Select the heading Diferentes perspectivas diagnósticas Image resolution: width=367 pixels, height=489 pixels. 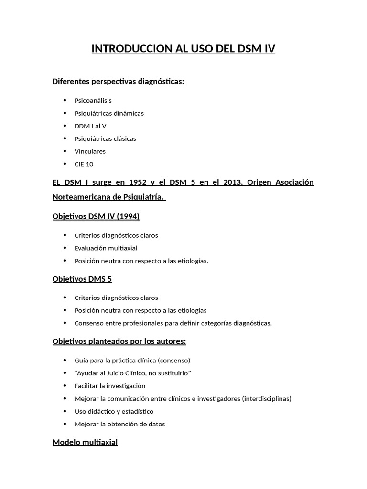coord(118,82)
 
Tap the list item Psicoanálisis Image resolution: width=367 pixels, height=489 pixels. coord(93,100)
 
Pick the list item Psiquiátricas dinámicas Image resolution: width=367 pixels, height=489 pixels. coord(109,113)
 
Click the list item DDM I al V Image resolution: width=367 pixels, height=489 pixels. coord(90,126)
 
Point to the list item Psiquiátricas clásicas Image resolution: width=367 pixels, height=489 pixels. coord(105,138)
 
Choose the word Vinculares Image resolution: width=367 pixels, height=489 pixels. coord(90,151)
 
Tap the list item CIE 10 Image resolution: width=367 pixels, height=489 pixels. coord(84,164)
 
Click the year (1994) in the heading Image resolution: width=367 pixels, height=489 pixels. coord(127,216)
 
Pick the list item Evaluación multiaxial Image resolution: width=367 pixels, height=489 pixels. coord(106,248)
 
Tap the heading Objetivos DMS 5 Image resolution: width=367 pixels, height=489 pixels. coord(82,279)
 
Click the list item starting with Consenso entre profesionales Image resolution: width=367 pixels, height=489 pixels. coord(173,323)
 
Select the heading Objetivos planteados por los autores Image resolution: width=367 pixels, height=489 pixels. coord(119,341)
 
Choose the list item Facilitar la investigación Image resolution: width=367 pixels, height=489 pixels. coord(110,386)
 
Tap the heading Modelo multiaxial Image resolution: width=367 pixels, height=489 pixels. coord(85,442)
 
